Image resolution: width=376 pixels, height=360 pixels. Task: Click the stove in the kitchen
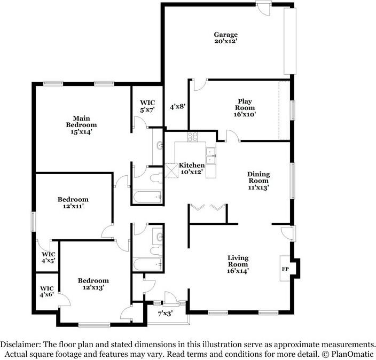pyautogui.click(x=192, y=136)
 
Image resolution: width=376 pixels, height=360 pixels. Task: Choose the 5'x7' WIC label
pyautogui.click(x=147, y=106)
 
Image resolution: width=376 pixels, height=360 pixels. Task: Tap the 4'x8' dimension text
pyautogui.click(x=177, y=107)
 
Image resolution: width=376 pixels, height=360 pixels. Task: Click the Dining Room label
pyautogui.click(x=258, y=181)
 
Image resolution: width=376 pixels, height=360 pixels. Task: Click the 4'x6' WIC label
pyautogui.click(x=46, y=291)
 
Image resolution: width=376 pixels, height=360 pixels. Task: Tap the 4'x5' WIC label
pyautogui.click(x=49, y=257)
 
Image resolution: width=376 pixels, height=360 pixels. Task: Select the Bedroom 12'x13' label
pyautogui.click(x=93, y=284)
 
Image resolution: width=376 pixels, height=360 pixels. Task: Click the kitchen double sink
pyautogui.click(x=211, y=155)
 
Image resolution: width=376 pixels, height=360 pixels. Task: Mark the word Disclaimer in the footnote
pyautogui.click(x=19, y=345)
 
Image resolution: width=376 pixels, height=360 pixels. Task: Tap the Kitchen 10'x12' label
pyautogui.click(x=191, y=168)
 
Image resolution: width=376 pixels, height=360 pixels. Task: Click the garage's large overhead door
pyautogui.click(x=289, y=41)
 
